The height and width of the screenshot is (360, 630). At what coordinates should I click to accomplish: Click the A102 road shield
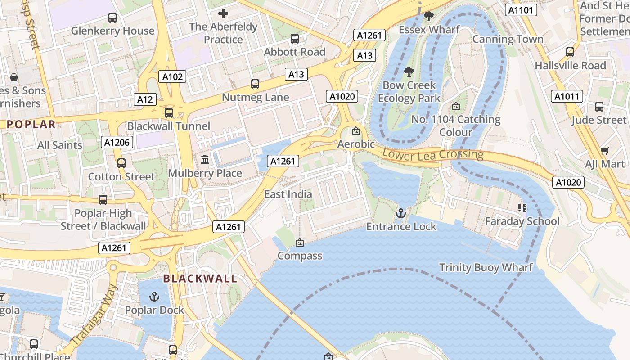tap(173, 76)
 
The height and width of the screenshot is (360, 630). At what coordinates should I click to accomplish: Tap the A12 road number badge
tap(145, 99)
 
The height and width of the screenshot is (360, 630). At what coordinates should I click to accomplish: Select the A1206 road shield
tap(117, 143)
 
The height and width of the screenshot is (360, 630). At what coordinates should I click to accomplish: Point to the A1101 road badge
tap(521, 10)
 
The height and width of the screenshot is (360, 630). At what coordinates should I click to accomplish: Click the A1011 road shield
tap(567, 96)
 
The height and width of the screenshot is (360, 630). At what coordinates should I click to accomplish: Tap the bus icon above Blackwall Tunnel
tap(169, 112)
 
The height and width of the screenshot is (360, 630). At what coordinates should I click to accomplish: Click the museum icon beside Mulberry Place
tap(205, 160)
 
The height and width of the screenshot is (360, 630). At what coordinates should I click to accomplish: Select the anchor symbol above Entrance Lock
tap(400, 213)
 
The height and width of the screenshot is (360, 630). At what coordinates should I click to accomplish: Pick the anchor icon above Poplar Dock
tap(154, 297)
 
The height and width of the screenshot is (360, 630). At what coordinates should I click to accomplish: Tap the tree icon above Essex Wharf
tap(429, 16)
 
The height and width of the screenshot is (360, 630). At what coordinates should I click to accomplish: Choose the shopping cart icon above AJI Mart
tap(605, 151)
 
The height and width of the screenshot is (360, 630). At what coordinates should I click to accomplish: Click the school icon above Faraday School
tap(522, 207)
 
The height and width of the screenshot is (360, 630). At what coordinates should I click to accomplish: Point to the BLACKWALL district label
tap(200, 279)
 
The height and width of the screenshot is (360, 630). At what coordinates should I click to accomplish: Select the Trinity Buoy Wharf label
tap(486, 267)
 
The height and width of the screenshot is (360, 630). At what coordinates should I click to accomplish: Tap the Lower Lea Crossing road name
tap(432, 154)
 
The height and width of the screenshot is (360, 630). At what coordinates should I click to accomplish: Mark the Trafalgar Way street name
tap(94, 315)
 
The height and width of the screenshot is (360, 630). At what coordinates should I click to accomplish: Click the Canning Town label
tap(508, 39)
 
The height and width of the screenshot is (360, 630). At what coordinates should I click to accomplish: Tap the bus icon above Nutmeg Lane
tap(255, 84)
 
